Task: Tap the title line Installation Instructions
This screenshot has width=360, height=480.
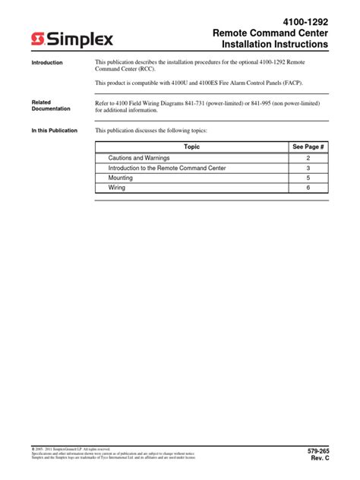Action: (275, 46)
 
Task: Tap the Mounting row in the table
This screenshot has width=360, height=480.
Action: (121, 178)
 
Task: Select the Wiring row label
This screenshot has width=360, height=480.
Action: (117, 188)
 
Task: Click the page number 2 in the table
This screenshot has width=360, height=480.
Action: (308, 157)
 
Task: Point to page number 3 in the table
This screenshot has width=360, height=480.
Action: (308, 167)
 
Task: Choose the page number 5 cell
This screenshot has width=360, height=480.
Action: (308, 178)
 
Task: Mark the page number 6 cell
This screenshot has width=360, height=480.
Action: (308, 188)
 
